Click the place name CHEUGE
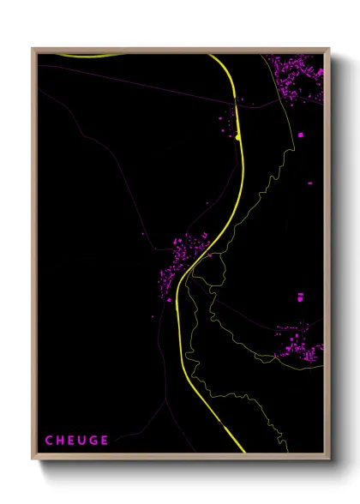pyautogui.click(x=76, y=441)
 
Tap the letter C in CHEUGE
pyautogui.click(x=49, y=441)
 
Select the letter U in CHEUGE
pyautogui.click(x=81, y=441)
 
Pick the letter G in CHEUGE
pyautogui.click(x=93, y=441)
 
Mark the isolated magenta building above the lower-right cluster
pyautogui.click(x=300, y=297)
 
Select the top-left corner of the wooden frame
pyautogui.click(x=33, y=49)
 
